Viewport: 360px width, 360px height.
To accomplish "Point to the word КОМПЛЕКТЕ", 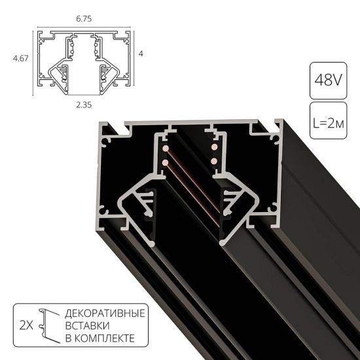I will coord(105,338).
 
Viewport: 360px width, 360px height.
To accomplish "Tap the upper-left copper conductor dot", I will coord(167,153).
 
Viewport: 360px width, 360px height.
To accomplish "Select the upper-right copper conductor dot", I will coord(214,152).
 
